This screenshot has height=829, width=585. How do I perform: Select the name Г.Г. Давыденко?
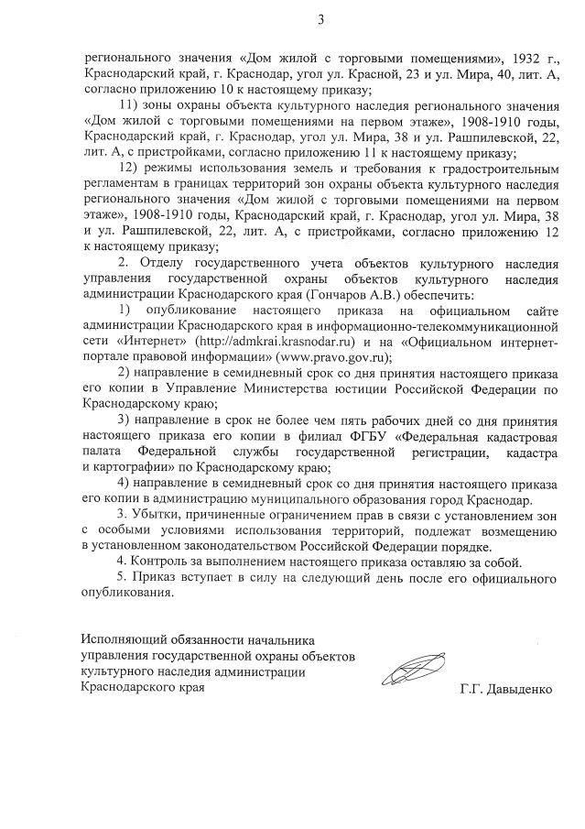pos(507,688)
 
